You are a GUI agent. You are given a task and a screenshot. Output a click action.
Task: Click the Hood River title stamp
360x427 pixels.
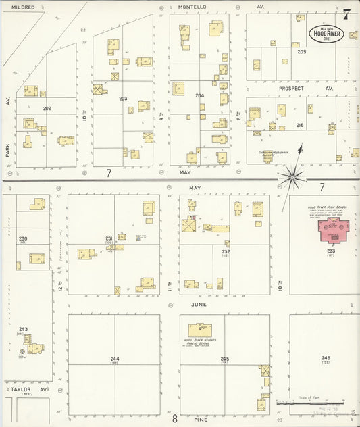[326, 33]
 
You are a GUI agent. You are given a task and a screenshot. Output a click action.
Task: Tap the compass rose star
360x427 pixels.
[293, 178]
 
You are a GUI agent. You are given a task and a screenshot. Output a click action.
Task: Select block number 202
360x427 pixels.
[47, 108]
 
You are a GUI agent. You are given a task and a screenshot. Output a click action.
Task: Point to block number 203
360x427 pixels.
[123, 99]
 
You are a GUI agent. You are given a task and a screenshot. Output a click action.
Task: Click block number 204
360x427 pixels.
[199, 95]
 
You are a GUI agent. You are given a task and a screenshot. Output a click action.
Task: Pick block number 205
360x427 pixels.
[301, 51]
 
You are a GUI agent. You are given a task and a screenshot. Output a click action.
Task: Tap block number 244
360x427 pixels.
[115, 359]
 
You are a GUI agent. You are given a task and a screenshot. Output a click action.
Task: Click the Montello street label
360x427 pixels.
[192, 7]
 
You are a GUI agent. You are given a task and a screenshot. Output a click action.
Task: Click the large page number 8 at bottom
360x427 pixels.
[174, 418]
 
